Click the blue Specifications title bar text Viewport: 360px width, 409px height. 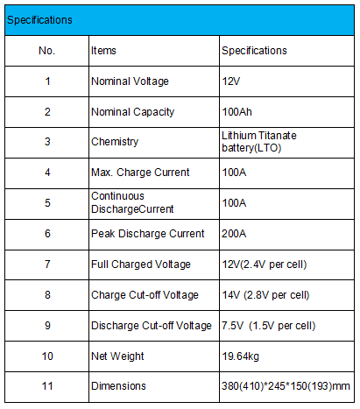pos(39,20)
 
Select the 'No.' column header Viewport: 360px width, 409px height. pos(46,51)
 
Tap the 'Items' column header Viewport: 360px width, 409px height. pos(103,51)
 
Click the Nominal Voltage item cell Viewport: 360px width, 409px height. pos(130,81)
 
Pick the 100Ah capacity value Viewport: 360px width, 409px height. pos(236,112)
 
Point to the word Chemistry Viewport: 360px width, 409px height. pos(115,142)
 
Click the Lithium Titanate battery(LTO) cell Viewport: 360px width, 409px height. pos(259,142)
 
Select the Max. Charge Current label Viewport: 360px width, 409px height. pos(140,173)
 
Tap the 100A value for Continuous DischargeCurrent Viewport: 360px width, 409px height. pos(234,203)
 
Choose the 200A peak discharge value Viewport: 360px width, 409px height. pos(234,234)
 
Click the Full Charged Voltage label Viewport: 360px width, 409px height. pos(141,264)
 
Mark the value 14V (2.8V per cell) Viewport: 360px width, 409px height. pos(265,295)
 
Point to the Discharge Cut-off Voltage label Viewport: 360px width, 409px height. pos(152,326)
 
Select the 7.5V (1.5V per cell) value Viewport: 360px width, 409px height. pos(269,326)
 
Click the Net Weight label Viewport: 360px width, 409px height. pos(117,356)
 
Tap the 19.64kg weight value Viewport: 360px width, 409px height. pos(241,356)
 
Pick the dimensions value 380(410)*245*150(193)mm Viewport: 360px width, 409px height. pos(286,386)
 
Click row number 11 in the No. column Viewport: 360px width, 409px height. pos(47,386)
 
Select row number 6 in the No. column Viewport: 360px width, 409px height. pos(47,234)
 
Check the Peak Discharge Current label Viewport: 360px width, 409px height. pos(148,234)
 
